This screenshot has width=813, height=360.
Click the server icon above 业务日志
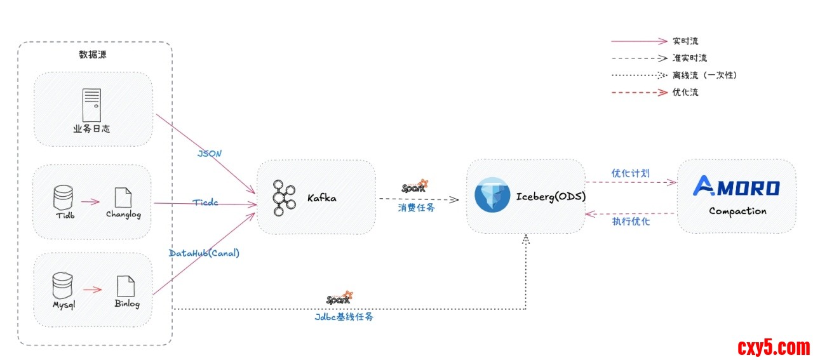click(x=91, y=105)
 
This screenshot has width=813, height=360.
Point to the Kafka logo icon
click(x=283, y=197)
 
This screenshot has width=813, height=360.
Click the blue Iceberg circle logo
click(x=492, y=196)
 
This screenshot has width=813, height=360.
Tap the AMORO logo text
click(x=736, y=187)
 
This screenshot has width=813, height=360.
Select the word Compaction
click(x=737, y=211)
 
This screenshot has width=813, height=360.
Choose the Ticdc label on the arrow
click(x=205, y=202)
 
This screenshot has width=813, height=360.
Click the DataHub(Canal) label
click(x=205, y=253)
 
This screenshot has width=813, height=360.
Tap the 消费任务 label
click(x=417, y=208)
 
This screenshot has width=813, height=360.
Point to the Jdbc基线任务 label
click(x=344, y=316)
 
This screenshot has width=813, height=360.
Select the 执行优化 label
click(x=631, y=222)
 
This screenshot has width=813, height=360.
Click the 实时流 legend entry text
click(x=685, y=41)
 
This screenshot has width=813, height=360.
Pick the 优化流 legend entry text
click(x=685, y=92)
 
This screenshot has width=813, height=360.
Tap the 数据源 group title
click(x=93, y=55)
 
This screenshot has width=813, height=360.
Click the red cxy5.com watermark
click(x=774, y=347)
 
